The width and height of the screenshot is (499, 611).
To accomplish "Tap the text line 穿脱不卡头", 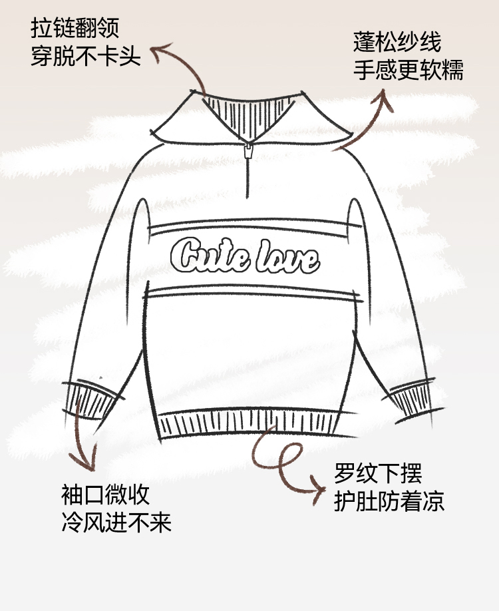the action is tap(86, 56).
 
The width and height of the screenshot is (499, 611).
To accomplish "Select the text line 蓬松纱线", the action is tap(397, 45).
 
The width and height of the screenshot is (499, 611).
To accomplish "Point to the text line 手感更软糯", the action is tap(408, 70).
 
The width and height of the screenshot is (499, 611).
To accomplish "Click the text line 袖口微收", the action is tap(105, 496).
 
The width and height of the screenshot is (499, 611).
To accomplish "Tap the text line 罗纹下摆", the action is tap(378, 476).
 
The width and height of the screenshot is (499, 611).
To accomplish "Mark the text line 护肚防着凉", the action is tap(389, 501).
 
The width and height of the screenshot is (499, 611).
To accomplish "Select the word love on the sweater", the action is tap(287, 256).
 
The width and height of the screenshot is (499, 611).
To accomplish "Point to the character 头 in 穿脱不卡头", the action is tap(132, 56).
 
